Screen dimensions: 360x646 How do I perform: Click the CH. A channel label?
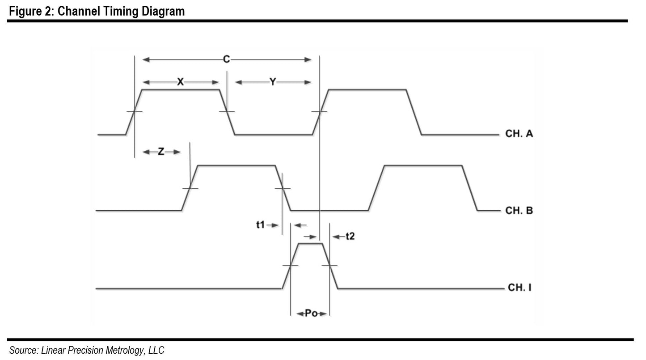519,134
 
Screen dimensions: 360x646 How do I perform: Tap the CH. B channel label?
519,210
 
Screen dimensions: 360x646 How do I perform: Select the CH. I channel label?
519,287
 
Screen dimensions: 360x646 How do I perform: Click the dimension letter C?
227,59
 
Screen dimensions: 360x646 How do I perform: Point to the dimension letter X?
181,82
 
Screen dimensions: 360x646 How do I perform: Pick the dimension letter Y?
273,82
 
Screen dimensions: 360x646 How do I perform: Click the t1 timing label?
261,225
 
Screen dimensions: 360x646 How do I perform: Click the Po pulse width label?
311,313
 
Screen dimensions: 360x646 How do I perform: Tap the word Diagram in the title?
162,11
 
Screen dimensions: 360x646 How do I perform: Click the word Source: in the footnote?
24,350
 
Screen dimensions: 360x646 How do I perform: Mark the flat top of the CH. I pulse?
310,244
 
